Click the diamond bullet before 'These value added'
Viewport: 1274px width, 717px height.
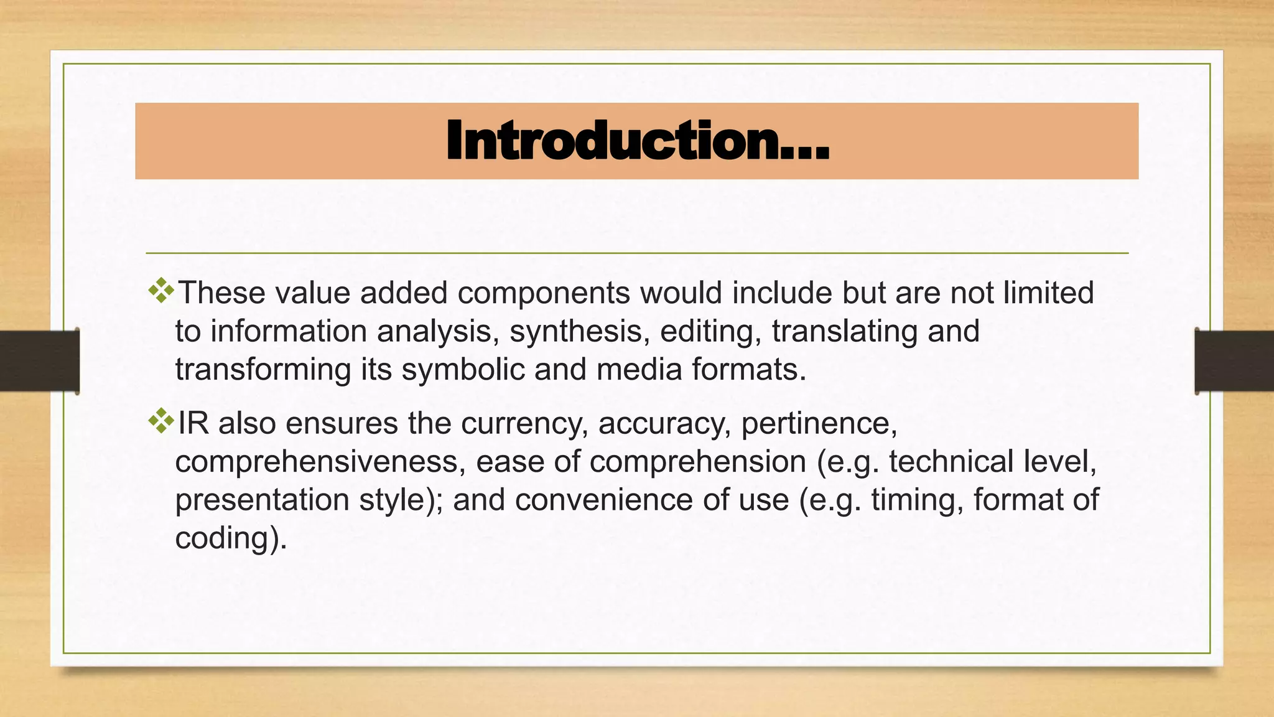click(161, 291)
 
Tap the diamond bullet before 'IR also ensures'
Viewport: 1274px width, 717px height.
click(161, 421)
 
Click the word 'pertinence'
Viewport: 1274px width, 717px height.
click(819, 423)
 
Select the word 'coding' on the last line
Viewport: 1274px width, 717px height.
click(226, 538)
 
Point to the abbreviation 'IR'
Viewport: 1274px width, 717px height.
click(193, 423)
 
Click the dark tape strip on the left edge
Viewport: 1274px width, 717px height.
click(39, 361)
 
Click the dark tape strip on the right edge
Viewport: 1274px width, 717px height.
click(1234, 361)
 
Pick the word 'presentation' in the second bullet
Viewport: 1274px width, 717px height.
click(262, 500)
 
